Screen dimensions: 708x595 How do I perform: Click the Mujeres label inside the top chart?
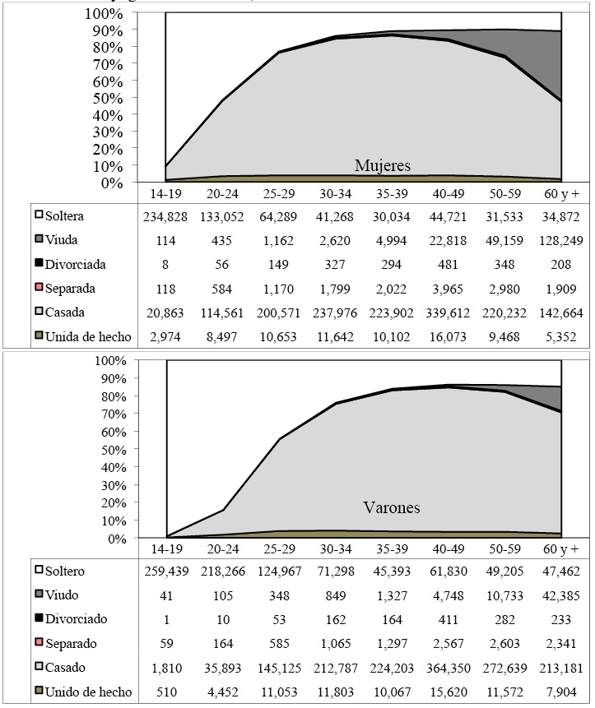click(x=382, y=165)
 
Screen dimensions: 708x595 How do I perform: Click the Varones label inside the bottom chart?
click(x=391, y=507)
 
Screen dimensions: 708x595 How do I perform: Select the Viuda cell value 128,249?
click(x=561, y=241)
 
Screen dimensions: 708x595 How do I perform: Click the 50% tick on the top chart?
click(x=132, y=98)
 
